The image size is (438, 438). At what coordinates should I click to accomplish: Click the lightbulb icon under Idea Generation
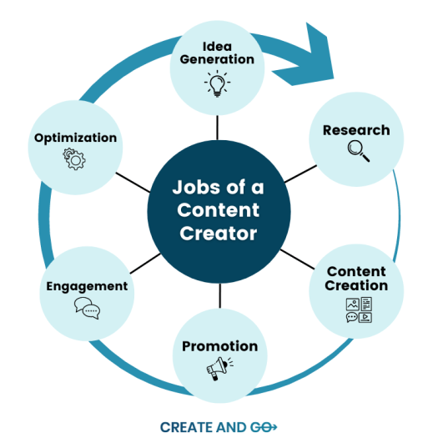click(217, 83)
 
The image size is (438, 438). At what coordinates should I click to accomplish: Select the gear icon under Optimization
click(75, 159)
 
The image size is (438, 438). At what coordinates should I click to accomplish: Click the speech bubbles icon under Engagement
click(87, 309)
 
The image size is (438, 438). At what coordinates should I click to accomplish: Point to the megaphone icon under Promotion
click(219, 367)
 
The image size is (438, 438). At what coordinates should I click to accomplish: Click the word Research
click(356, 130)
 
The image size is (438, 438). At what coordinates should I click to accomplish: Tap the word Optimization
click(75, 137)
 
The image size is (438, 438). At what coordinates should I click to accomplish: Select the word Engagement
click(87, 286)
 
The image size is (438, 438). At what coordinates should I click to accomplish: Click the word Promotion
click(219, 346)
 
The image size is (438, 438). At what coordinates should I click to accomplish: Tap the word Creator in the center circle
click(219, 234)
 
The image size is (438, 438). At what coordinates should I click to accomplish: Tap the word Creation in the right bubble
click(357, 285)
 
